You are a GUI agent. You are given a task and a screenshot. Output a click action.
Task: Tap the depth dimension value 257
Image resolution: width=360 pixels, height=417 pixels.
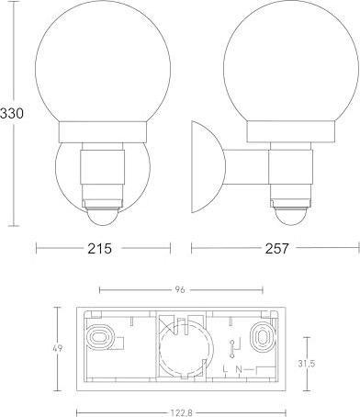(x=276, y=248)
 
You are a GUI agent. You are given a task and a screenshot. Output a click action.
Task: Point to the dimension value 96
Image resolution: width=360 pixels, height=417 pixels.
(x=179, y=290)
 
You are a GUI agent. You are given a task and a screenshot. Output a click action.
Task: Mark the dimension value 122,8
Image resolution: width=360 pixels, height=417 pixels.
(x=179, y=411)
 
